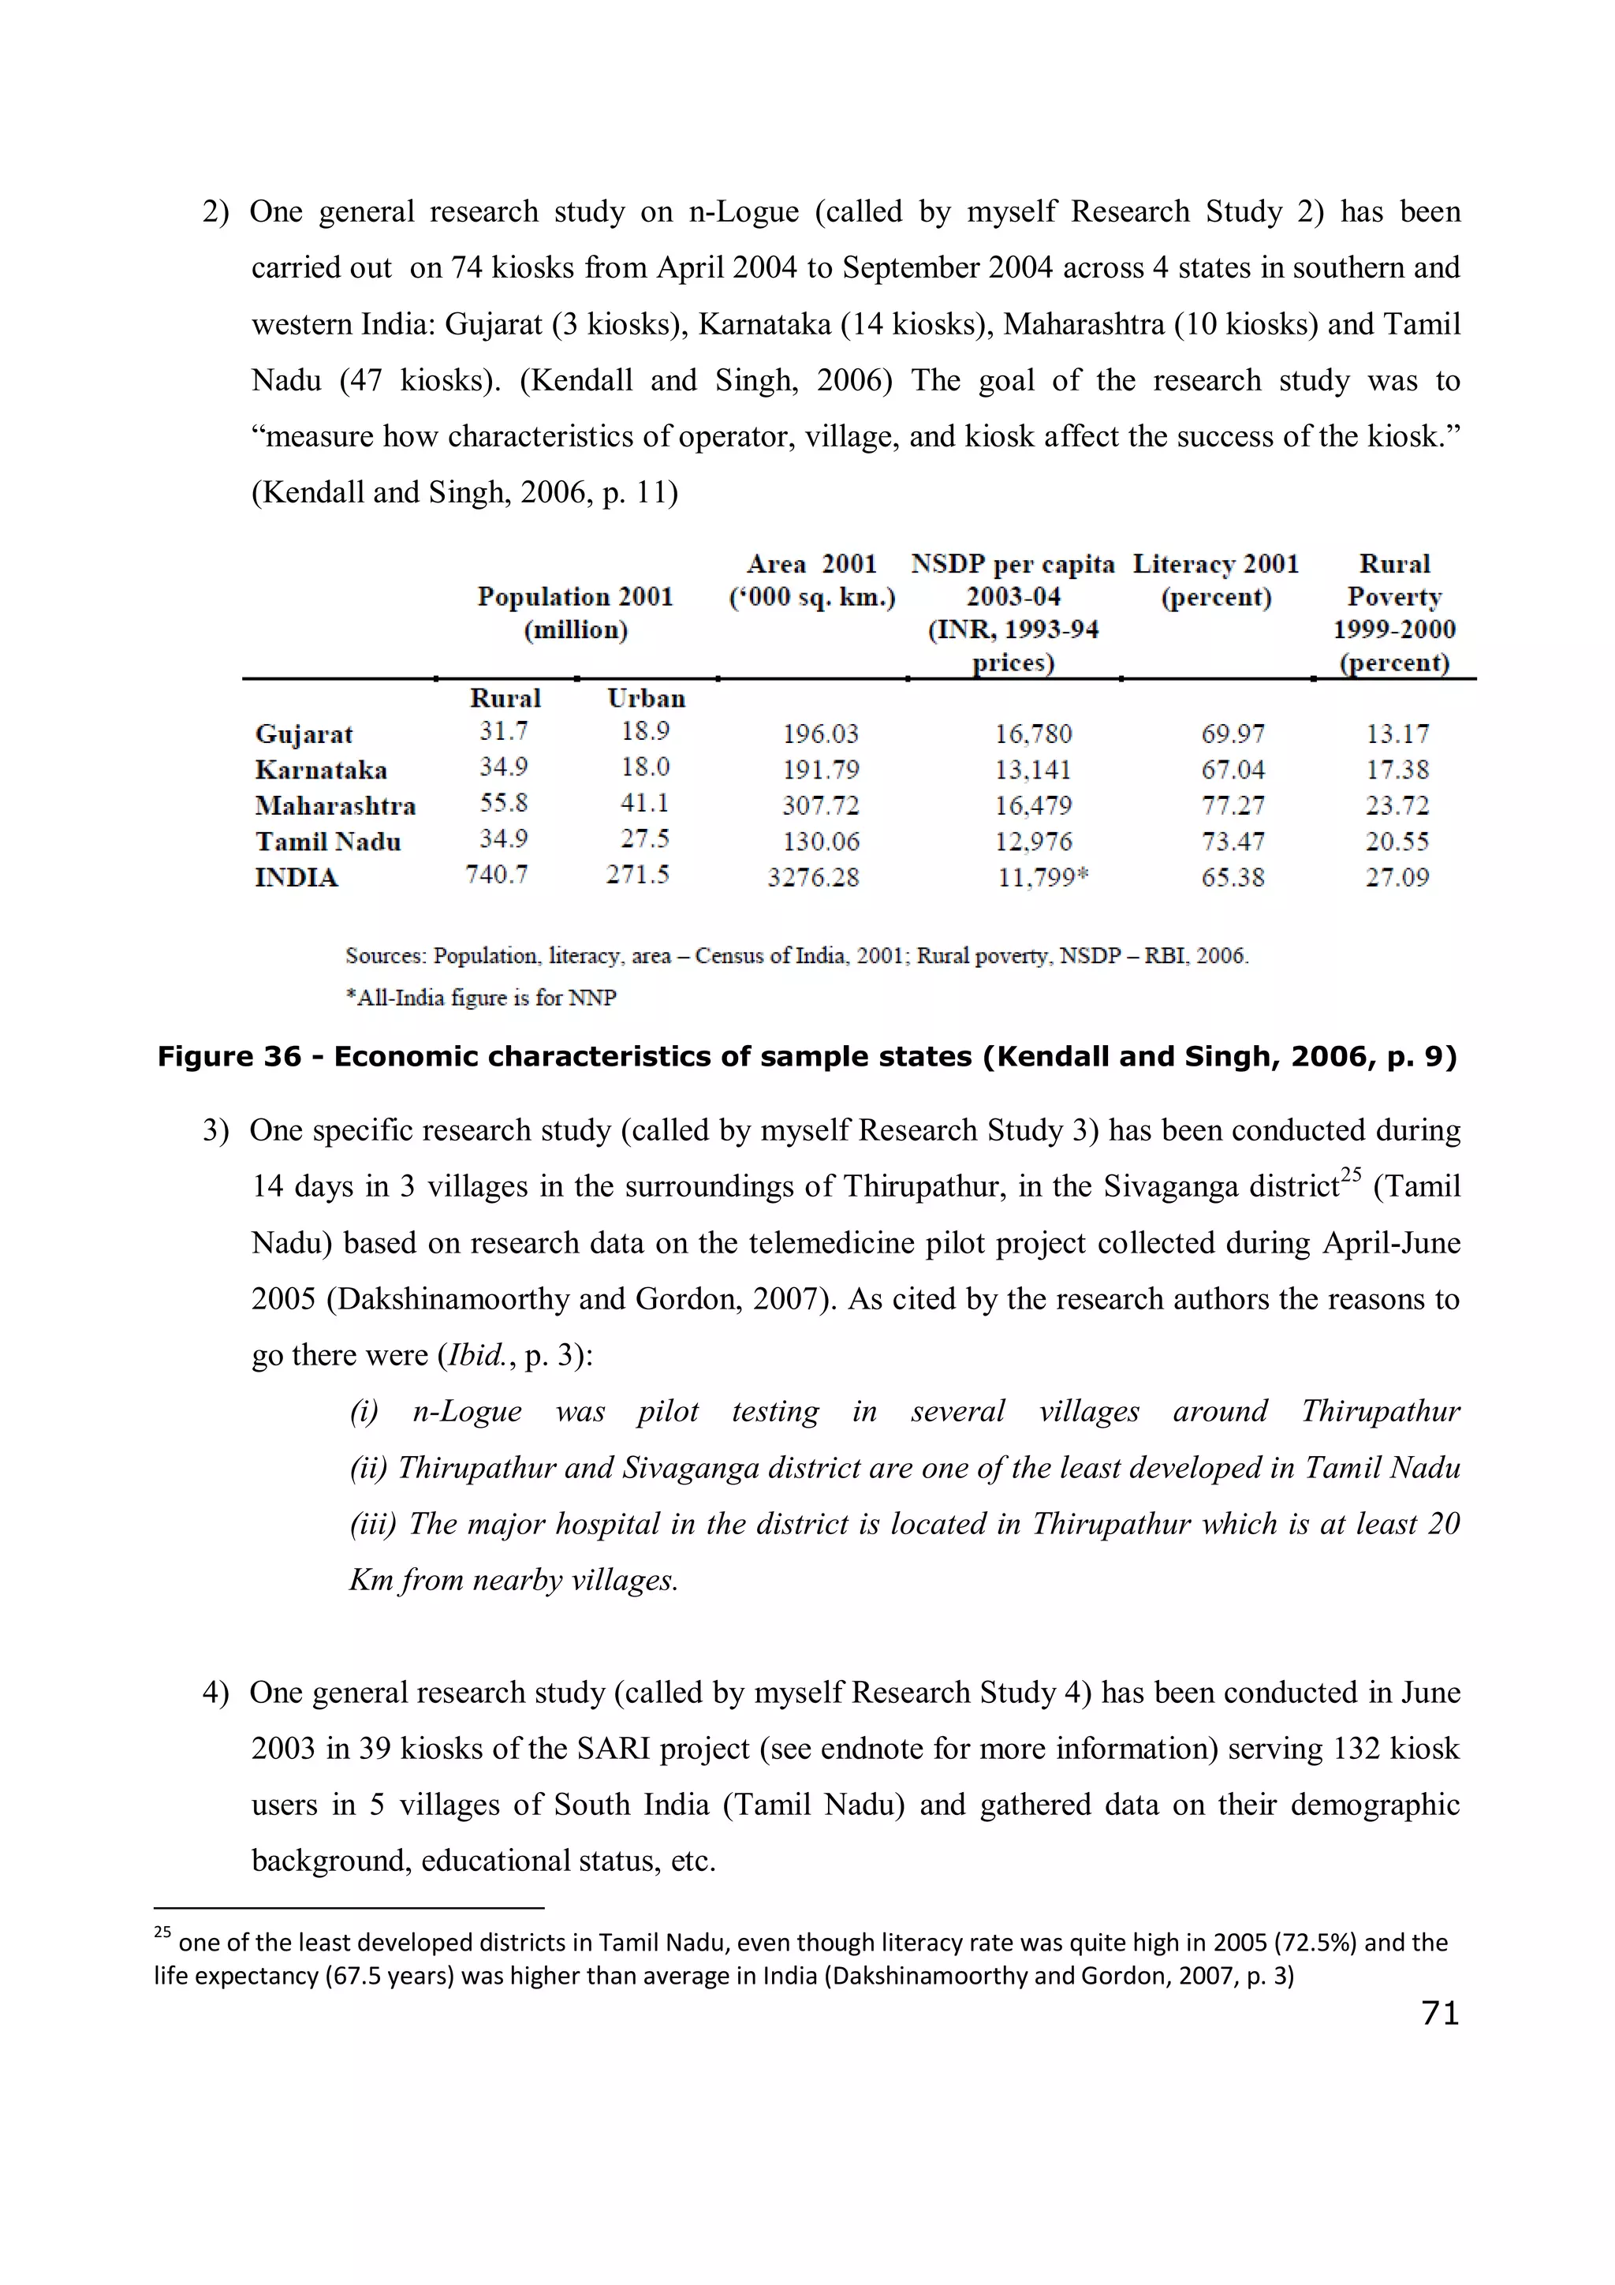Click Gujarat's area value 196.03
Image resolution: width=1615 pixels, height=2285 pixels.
click(820, 734)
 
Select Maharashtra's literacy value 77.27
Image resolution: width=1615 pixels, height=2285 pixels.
click(1232, 806)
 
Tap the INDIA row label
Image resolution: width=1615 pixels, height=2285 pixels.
click(297, 878)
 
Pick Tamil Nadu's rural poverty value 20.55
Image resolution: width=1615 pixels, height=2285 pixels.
click(1396, 842)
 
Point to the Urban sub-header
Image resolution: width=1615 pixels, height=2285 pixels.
click(646, 699)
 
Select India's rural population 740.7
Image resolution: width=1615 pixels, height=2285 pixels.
click(497, 875)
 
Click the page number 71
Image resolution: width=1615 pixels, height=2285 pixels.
click(1440, 2014)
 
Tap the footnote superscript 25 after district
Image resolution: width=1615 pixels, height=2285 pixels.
click(1350, 1174)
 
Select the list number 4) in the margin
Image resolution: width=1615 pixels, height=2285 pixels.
click(216, 1693)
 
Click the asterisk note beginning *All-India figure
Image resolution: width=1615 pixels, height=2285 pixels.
click(480, 999)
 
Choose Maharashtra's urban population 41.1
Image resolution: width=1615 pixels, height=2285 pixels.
click(645, 803)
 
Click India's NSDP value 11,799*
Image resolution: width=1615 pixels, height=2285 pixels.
click(1042, 878)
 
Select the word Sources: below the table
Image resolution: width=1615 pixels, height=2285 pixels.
click(386, 957)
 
